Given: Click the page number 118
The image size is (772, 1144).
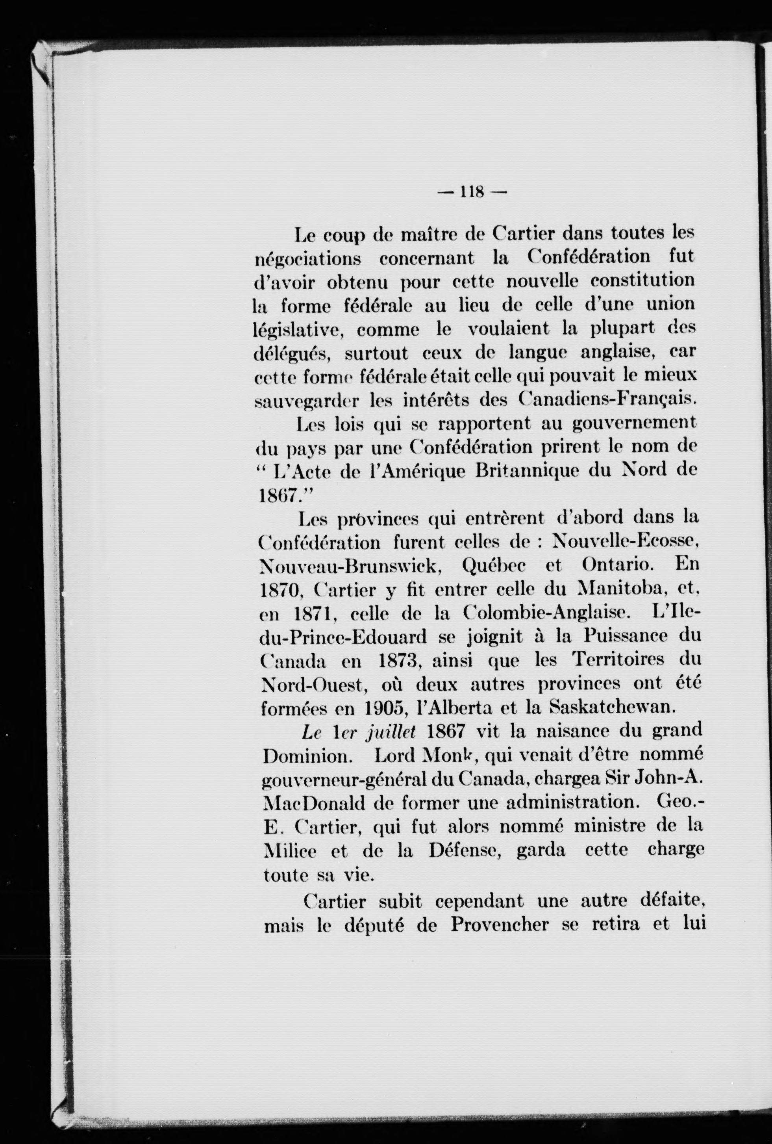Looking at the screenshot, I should point(472,191).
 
